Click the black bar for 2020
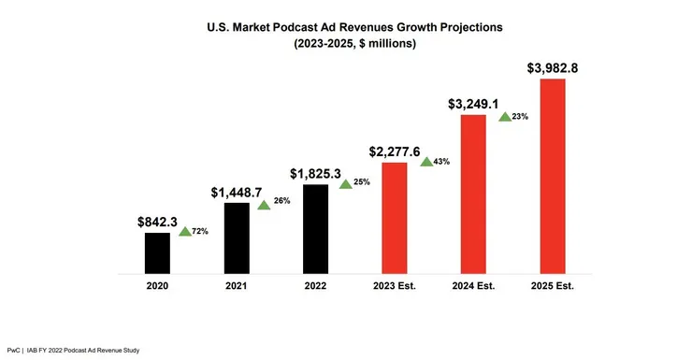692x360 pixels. click(157, 253)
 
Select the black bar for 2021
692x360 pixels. click(237, 238)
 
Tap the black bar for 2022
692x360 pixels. click(316, 229)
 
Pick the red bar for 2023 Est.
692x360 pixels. click(395, 218)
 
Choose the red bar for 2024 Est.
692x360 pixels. click(474, 194)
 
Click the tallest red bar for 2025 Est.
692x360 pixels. click(554, 177)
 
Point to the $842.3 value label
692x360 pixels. click(156, 223)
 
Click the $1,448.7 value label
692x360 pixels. click(237, 193)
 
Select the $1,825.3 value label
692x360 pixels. click(316, 174)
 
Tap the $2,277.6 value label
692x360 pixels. click(395, 152)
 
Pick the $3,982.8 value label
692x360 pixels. click(554, 68)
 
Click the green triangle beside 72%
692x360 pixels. click(184, 231)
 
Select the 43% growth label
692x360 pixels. click(441, 162)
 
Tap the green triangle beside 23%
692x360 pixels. click(504, 117)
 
